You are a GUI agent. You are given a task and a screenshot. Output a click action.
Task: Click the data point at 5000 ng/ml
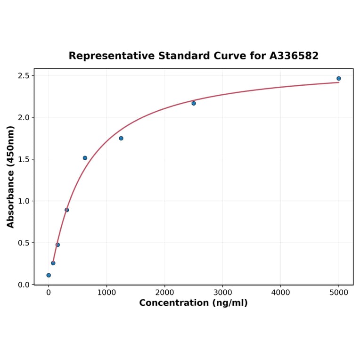tap(338, 79)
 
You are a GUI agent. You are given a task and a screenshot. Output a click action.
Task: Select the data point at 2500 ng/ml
tap(194, 103)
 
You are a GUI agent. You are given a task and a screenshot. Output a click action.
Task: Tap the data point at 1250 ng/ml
tap(121, 138)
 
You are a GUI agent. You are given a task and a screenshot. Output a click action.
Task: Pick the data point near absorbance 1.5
tap(85, 158)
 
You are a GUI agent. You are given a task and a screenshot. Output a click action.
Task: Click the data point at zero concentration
tap(49, 275)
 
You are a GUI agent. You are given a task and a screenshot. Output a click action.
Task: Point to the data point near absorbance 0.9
tap(66, 210)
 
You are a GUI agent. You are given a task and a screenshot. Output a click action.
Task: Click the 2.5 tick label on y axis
tap(23, 76)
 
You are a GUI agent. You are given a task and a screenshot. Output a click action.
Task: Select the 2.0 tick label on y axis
tap(23, 117)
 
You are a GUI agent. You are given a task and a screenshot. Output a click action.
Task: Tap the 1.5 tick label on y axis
tap(23, 159)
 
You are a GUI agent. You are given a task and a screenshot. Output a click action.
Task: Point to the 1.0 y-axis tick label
tap(23, 201)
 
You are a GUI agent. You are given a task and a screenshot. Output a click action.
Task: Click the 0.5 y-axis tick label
tap(23, 243)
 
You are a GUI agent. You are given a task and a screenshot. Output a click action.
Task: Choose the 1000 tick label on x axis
tap(106, 292)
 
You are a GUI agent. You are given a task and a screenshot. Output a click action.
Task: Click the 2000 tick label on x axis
tap(164, 292)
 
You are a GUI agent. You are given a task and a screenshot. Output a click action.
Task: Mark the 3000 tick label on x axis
tap(222, 292)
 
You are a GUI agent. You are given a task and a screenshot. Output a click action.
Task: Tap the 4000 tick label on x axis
tap(281, 292)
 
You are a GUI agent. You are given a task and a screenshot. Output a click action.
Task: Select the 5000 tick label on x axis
tap(339, 292)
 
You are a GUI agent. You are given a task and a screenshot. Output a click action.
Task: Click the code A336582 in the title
tap(294, 56)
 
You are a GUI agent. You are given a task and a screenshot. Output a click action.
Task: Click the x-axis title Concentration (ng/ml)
tap(193, 303)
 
